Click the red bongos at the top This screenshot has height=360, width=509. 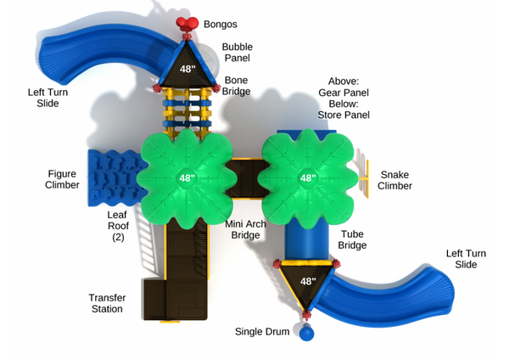[186, 24]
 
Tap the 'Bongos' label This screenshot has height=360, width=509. [221, 25]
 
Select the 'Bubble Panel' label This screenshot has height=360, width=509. [237, 53]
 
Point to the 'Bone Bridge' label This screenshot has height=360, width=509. [237, 86]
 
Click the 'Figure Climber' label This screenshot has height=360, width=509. [63, 179]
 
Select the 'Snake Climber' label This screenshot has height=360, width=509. [394, 180]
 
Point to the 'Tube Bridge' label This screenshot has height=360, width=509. [353, 239]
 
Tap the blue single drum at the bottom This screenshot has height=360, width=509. [307, 333]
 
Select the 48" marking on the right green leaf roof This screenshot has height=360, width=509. [308, 178]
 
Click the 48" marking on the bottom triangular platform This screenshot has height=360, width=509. [307, 281]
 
